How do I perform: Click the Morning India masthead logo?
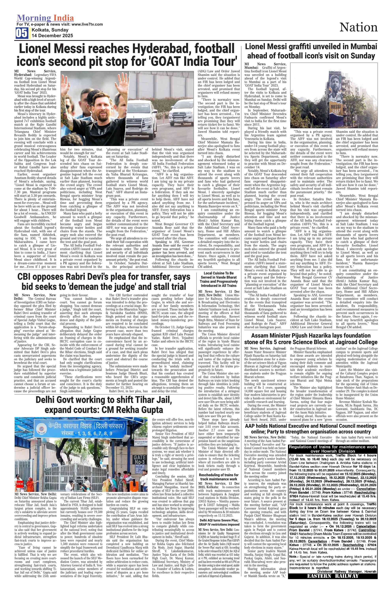pos(45,18)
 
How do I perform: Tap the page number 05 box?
pos(22,33)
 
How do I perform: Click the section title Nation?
pos(358,27)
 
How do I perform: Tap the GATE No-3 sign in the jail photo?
pos(140,460)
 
